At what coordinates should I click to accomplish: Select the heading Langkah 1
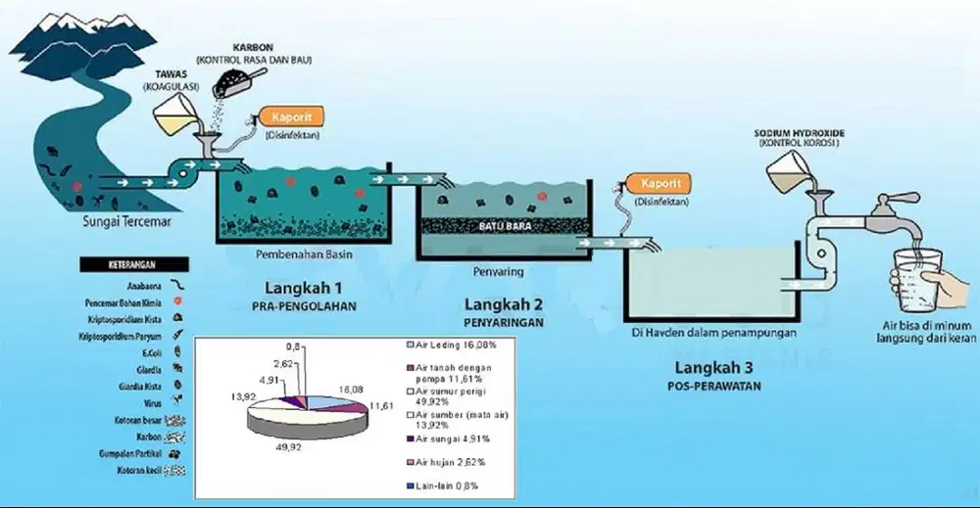tap(304, 289)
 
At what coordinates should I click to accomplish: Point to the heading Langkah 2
tap(503, 302)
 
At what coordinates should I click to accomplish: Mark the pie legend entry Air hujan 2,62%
tap(446, 460)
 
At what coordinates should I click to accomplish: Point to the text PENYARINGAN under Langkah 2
tap(503, 321)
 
